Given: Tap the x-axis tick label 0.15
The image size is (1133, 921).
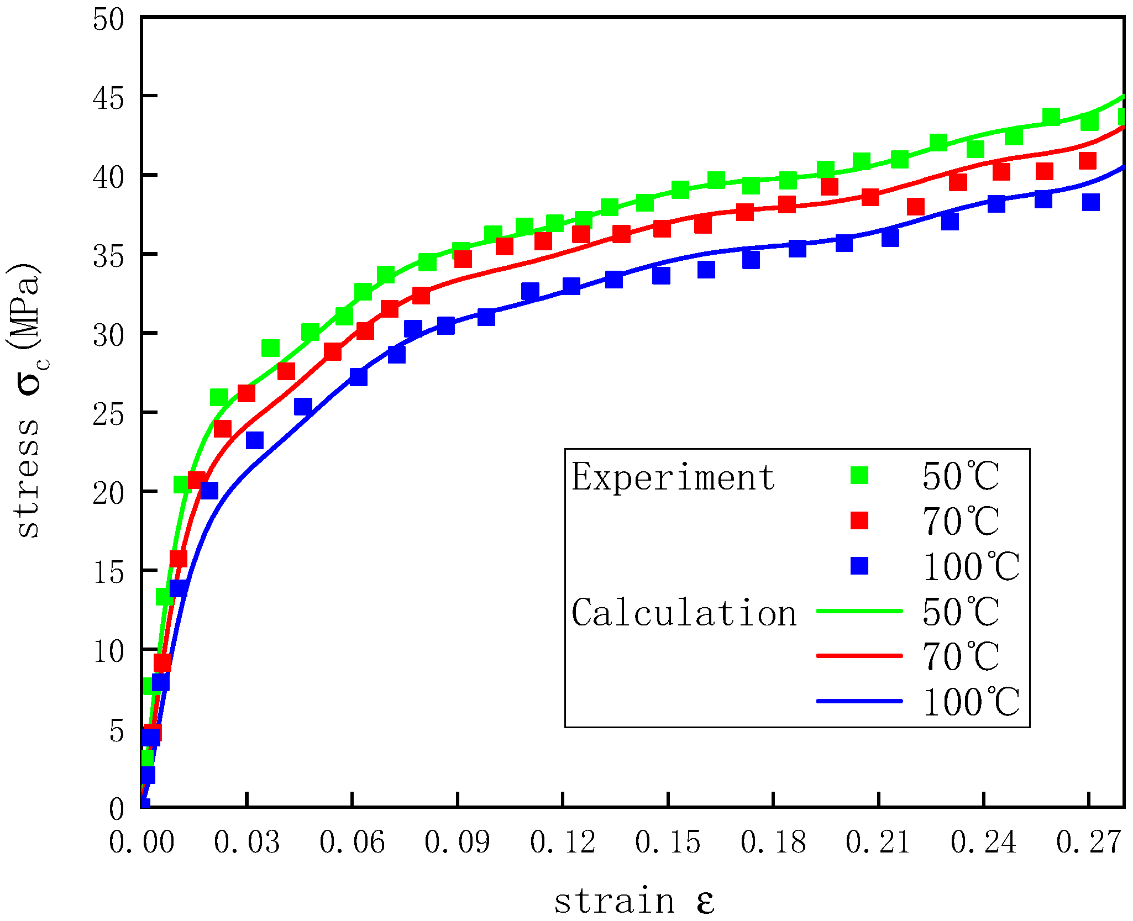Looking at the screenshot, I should (668, 843).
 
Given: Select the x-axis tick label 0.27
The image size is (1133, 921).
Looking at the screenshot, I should (1088, 843).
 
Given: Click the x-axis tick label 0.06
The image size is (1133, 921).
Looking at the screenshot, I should (352, 843).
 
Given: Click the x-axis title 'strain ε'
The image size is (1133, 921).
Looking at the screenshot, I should (634, 901).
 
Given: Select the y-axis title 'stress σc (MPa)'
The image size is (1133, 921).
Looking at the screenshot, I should (28, 400).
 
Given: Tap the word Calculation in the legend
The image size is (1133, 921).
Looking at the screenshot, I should (684, 613).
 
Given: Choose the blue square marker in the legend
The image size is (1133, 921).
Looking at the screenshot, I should (859, 566).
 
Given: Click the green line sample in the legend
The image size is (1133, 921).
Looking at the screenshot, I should (859, 611).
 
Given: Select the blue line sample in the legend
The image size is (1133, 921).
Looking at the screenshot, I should (859, 701).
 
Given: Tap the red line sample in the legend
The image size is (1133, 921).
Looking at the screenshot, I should (859, 656).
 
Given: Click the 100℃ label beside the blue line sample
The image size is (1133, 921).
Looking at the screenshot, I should (971, 702).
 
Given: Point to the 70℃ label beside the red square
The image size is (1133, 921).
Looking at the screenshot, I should (961, 521).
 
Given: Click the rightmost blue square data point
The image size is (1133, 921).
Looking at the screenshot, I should (1090, 202).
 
